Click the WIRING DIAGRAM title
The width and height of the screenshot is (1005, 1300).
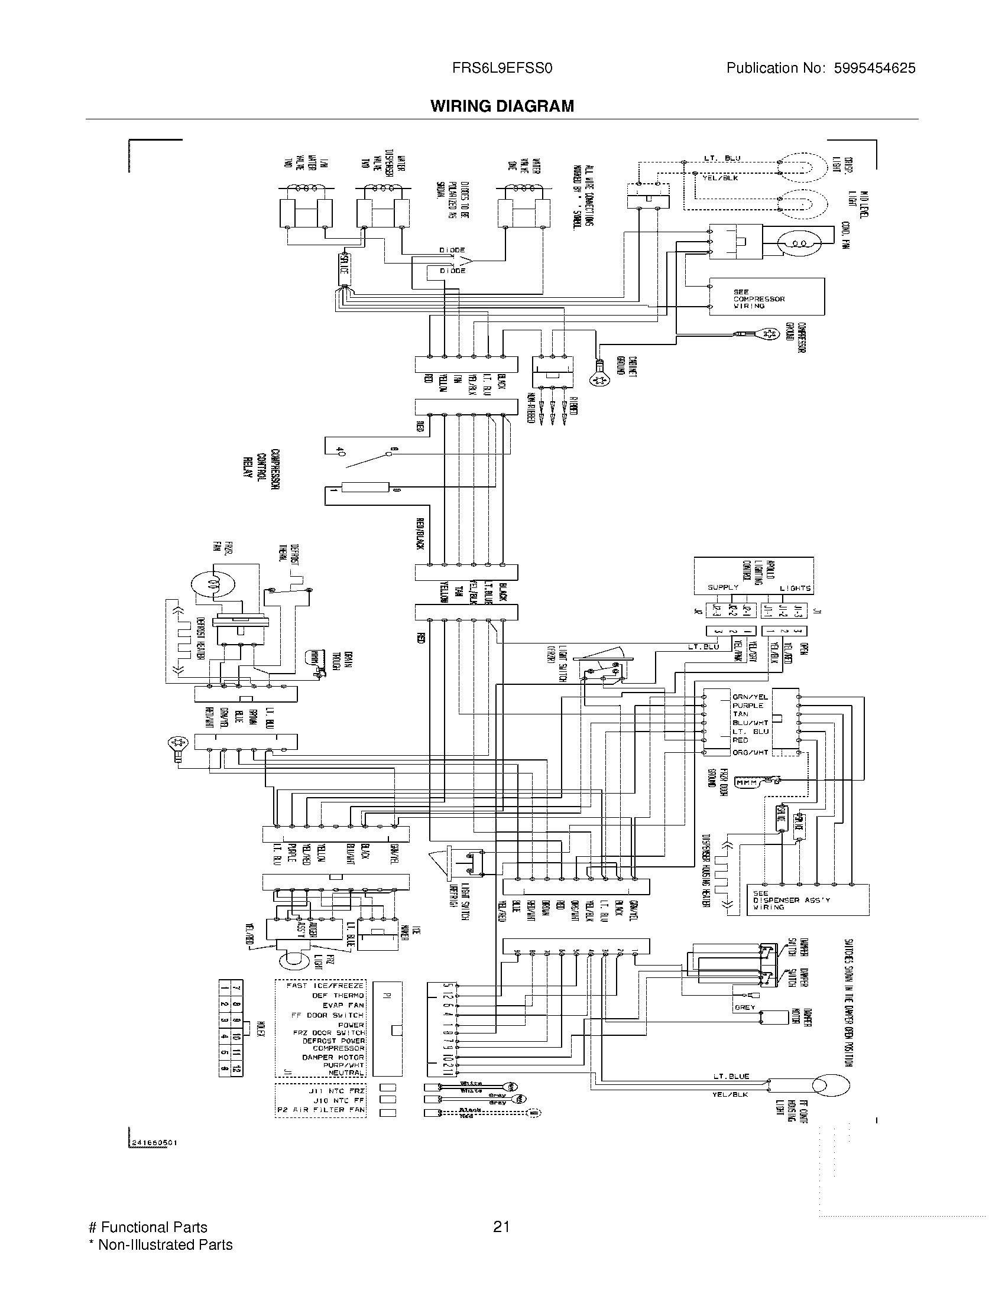[502, 106]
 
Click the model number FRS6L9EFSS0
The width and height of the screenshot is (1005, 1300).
[502, 69]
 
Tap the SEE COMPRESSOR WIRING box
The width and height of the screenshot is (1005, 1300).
[766, 297]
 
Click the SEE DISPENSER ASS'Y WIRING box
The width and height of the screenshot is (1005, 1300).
[807, 900]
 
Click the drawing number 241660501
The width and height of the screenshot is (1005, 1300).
[154, 1143]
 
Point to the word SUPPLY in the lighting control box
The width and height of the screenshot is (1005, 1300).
[722, 587]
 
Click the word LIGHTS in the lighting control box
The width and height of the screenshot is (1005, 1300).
[795, 588]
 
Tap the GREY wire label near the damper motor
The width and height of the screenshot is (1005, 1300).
[744, 1007]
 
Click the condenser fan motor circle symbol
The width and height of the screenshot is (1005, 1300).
[797, 243]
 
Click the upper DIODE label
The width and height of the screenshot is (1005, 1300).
[452, 251]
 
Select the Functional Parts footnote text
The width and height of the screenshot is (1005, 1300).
[148, 1227]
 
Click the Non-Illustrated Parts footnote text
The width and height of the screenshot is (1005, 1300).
[160, 1244]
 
